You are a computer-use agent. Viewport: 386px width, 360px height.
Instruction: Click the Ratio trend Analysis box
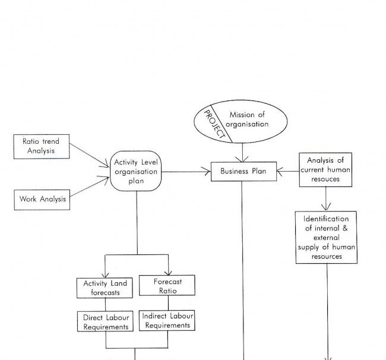(x=40, y=147)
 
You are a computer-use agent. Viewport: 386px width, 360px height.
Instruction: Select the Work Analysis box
(x=40, y=199)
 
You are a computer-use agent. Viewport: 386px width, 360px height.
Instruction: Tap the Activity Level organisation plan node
(x=136, y=171)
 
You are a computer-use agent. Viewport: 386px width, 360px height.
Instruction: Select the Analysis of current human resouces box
(x=325, y=169)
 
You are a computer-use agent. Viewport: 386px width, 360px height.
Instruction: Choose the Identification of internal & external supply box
(x=326, y=236)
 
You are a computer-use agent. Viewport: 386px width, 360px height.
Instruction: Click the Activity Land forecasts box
(x=105, y=288)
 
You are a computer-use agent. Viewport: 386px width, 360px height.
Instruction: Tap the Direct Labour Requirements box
(x=106, y=322)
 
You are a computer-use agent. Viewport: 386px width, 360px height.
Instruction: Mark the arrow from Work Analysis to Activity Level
(x=89, y=188)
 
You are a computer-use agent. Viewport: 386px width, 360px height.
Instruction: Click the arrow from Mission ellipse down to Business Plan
(x=242, y=153)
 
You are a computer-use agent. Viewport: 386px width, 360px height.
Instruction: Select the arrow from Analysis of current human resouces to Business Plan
(x=287, y=172)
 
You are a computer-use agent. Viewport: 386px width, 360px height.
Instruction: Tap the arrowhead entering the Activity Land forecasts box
(x=105, y=273)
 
